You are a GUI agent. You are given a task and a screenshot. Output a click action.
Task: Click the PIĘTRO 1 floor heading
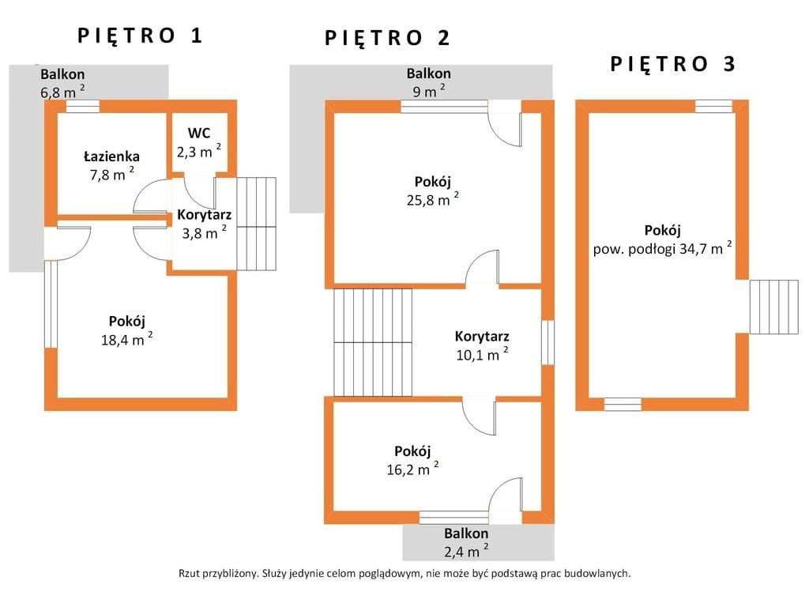coord(140,36)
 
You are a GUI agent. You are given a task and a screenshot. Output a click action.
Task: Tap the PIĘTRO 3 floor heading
coord(672,64)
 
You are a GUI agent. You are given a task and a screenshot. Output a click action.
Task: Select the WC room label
coord(199,133)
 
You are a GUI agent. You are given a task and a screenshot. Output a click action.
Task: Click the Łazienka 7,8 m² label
coord(111,165)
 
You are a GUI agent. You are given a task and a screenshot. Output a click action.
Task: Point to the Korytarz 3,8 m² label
coord(205,224)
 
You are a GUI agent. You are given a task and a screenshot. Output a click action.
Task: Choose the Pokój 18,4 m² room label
coord(127,330)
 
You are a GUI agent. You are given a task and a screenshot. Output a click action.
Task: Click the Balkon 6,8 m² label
coord(62,83)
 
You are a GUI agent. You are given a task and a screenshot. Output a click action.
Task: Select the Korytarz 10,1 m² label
coord(482,345)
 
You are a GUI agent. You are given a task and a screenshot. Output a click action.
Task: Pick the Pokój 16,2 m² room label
coord(412,461)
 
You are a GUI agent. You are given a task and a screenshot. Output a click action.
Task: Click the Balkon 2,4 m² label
coord(466,542)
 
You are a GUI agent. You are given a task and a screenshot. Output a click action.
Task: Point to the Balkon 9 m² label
coord(429,82)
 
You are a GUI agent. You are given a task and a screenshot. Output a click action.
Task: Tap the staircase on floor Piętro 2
coord(373,342)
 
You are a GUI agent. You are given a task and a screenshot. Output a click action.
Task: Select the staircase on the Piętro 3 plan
coord(774,307)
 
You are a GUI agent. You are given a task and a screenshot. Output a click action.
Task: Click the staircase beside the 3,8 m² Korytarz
coord(257,224)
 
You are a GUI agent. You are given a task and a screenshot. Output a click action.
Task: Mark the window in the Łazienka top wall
coord(82,107)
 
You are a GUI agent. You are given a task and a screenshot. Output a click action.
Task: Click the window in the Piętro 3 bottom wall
coord(623,404)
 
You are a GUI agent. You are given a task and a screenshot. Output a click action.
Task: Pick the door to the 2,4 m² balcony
coord(505,500)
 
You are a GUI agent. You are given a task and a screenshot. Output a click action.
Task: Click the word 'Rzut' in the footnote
coord(189,574)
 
